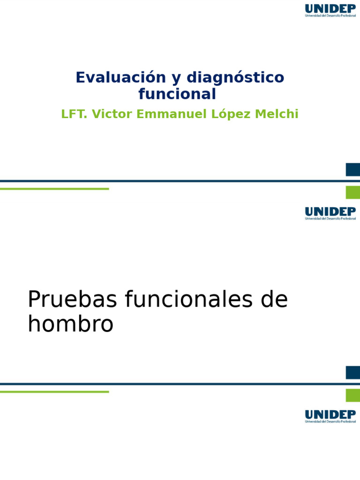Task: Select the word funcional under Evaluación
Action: [177, 94]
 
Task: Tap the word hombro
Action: [70, 324]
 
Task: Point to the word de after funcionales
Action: [274, 300]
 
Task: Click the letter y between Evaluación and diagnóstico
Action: [176, 78]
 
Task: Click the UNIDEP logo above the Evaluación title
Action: [330, 10]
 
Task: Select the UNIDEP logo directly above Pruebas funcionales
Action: [330, 213]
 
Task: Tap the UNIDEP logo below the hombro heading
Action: [330, 416]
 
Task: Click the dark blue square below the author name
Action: [352, 170]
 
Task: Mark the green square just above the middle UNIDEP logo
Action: [352, 192]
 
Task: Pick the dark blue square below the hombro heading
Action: [352, 373]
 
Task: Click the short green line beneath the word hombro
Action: [54, 392]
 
